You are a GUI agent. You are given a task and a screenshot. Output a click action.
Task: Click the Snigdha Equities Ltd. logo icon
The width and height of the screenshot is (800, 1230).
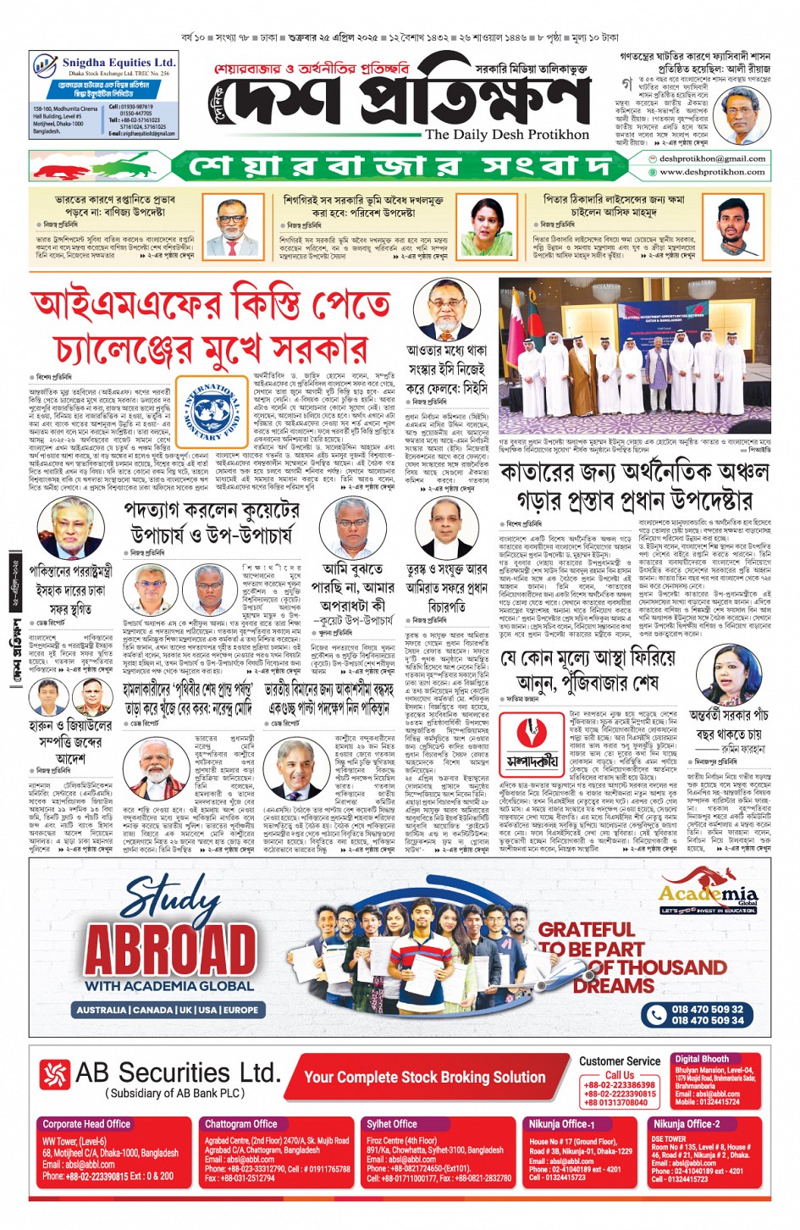click(x=44, y=65)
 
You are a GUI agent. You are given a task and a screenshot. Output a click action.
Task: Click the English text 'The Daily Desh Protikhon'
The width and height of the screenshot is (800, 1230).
click(x=506, y=134)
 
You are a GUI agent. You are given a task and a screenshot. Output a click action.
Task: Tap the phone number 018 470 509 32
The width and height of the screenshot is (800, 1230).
click(x=707, y=1009)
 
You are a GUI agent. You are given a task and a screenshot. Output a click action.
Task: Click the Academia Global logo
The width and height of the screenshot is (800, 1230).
click(x=708, y=897)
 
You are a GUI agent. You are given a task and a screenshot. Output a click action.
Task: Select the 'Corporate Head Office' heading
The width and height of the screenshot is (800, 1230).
click(x=86, y=1124)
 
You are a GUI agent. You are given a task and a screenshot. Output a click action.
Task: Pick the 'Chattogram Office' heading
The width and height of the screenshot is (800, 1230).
click(x=240, y=1124)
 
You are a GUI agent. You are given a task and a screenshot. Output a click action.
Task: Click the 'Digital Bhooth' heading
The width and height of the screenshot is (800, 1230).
click(x=701, y=1059)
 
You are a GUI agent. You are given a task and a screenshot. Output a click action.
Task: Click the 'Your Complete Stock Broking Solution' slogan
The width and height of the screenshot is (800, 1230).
click(x=424, y=1077)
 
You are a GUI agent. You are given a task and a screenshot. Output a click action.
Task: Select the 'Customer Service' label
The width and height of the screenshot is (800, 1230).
click(x=620, y=1061)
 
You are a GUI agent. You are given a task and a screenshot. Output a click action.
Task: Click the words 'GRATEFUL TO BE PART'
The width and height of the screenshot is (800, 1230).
click(x=590, y=939)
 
